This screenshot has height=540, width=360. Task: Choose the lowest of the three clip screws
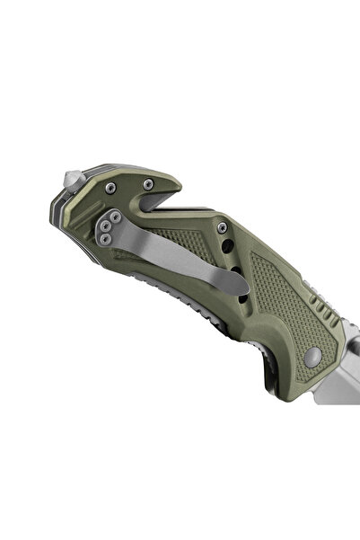tap(106, 237)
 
